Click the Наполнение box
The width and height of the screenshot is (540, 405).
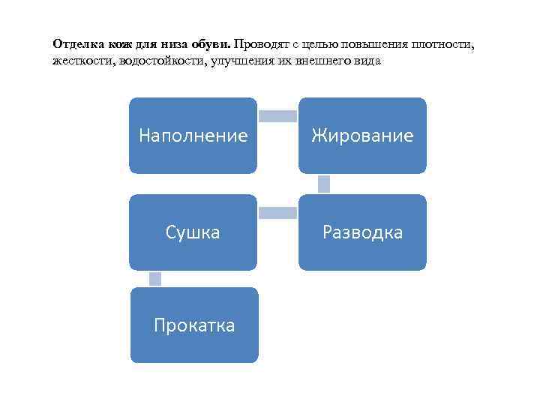pyautogui.click(x=193, y=136)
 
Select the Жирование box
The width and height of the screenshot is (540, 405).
pyautogui.click(x=362, y=136)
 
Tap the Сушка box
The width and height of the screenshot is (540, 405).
pyautogui.click(x=193, y=232)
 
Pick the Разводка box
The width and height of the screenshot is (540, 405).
pyautogui.click(x=362, y=232)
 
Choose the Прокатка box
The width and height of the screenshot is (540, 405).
pyautogui.click(x=193, y=325)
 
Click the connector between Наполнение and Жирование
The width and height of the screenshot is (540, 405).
pyautogui.click(x=277, y=115)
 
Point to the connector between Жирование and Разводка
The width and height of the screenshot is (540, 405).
pyautogui.click(x=324, y=184)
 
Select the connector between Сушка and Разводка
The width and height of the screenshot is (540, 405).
pyautogui.click(x=277, y=213)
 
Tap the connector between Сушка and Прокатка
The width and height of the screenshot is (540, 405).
pyautogui.click(x=155, y=279)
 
